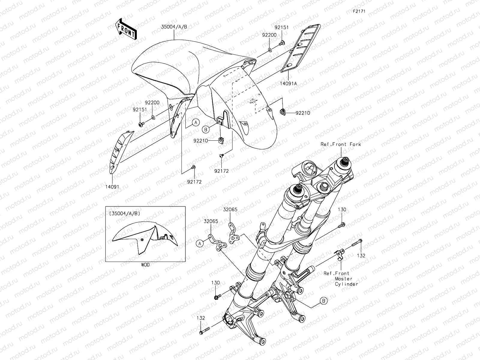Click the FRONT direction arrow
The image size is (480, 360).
[126, 29]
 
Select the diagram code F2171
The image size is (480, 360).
[359, 11]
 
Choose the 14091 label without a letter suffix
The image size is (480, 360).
[112, 187]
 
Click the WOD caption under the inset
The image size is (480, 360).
[145, 265]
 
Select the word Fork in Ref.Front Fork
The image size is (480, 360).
[355, 144]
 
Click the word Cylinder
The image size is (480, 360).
[346, 284]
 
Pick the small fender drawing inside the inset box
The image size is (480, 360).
[144, 242]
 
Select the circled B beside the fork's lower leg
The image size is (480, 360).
[323, 301]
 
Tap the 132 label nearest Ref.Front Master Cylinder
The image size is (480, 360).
[361, 256]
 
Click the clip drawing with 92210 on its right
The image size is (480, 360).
[282, 112]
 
